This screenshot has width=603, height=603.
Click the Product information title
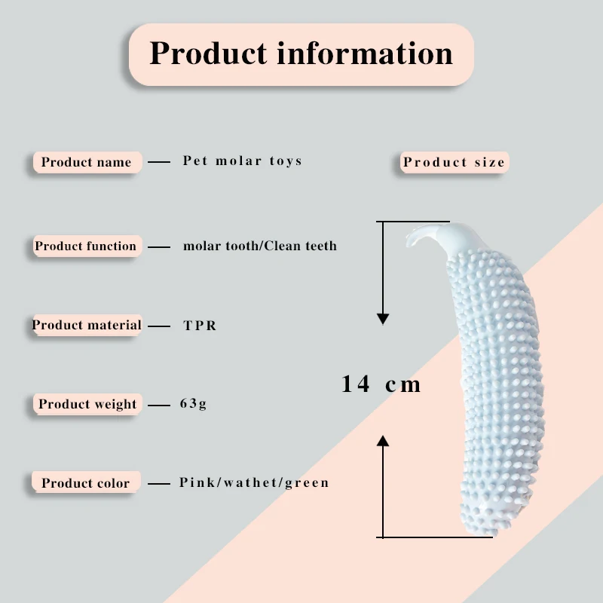pyautogui.click(x=301, y=54)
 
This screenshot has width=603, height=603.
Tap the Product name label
pyautogui.click(x=86, y=162)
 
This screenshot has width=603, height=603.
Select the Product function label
pyautogui.click(x=86, y=246)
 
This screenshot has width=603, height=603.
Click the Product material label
pyautogui.click(x=87, y=325)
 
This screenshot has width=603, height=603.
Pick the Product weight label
pyautogui.click(x=87, y=404)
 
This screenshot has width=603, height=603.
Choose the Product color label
pyautogui.click(x=85, y=483)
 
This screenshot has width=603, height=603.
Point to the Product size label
pyautogui.click(x=454, y=162)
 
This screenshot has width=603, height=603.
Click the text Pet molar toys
pyautogui.click(x=242, y=161)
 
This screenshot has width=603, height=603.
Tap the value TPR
pyautogui.click(x=200, y=326)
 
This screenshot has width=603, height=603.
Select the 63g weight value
pyautogui.click(x=193, y=404)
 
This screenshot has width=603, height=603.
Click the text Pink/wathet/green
pyautogui.click(x=254, y=482)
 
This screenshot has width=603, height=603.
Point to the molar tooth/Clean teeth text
pyautogui.click(x=259, y=246)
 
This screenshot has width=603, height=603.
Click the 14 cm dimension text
pyautogui.click(x=381, y=384)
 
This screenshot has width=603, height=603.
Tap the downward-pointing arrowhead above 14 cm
pyautogui.click(x=383, y=319)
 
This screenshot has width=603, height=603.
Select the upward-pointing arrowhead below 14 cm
pyautogui.click(x=383, y=441)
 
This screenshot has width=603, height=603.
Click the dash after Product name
pyautogui.click(x=158, y=162)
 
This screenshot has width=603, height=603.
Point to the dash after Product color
pyautogui.click(x=158, y=483)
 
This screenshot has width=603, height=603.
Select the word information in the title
pyautogui.click(x=364, y=54)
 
